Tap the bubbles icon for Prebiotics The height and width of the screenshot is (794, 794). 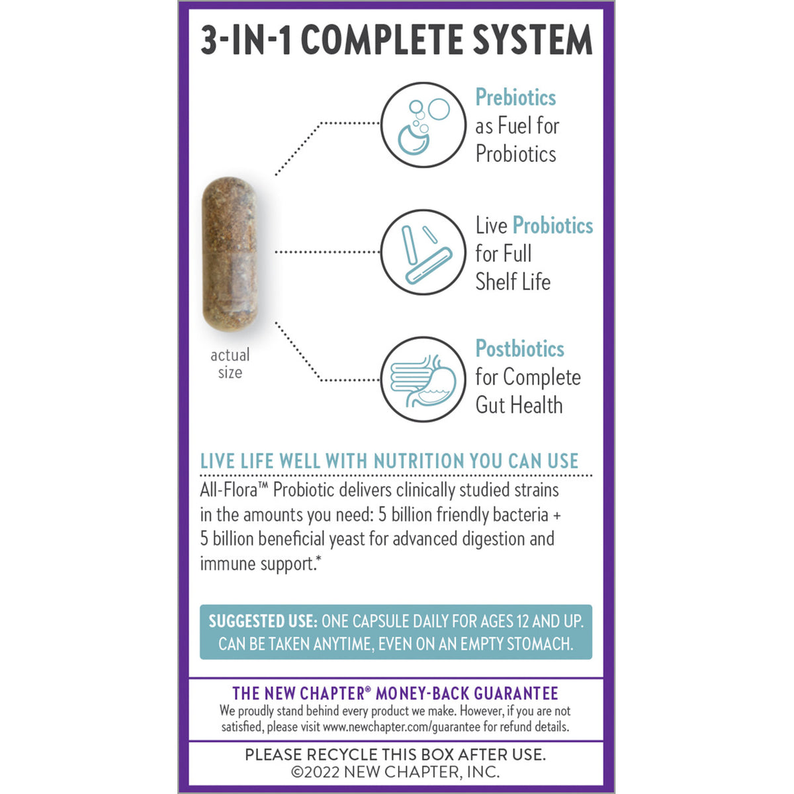(x=423, y=124)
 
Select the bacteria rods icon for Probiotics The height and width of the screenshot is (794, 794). (x=423, y=252)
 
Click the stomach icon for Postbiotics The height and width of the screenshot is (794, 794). (x=423, y=380)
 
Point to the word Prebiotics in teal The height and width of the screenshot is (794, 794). (x=515, y=97)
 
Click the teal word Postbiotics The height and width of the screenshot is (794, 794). (x=519, y=349)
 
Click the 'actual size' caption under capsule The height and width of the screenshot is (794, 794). (x=230, y=364)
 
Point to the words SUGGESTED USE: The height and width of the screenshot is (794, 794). (x=263, y=621)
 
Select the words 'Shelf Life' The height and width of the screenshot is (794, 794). (x=513, y=282)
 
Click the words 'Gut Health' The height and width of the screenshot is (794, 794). (x=519, y=405)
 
